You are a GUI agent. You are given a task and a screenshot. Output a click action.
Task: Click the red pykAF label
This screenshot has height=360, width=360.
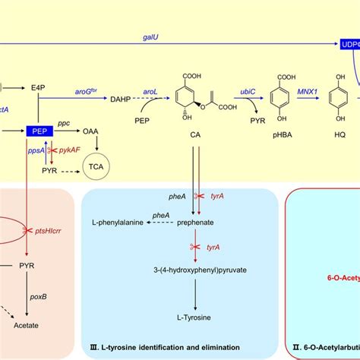pyautogui.click(x=71, y=150)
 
